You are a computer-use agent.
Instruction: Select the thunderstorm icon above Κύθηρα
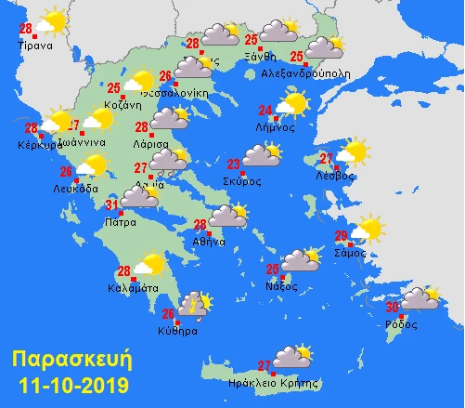pyautogui.click(x=195, y=304)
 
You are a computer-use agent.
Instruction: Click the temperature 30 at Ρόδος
pyautogui.click(x=393, y=307)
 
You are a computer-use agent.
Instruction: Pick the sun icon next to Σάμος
pyautogui.click(x=368, y=228)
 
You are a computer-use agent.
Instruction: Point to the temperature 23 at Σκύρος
pyautogui.click(x=234, y=165)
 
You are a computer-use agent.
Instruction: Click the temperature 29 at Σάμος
pyautogui.click(x=341, y=235)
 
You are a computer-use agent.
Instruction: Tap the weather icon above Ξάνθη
pyautogui.click(x=279, y=33)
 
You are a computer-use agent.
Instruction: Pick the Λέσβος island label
pyautogui.click(x=336, y=175)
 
